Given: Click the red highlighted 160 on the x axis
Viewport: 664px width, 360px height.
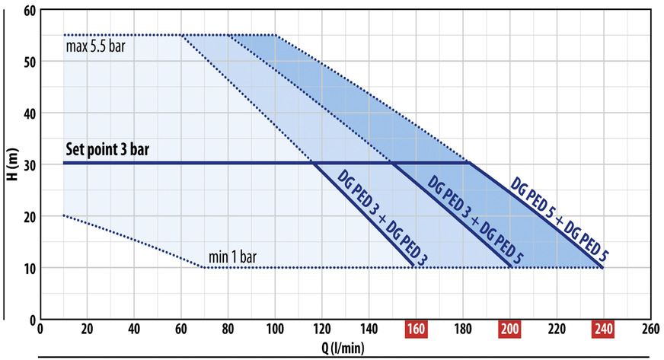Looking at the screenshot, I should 416,330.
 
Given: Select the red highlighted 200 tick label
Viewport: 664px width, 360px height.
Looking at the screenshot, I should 509,330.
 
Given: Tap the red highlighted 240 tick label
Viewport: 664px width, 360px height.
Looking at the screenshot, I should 603,330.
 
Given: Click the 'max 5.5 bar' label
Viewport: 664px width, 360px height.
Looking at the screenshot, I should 95,46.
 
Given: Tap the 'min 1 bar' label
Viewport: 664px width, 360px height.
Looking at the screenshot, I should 234,256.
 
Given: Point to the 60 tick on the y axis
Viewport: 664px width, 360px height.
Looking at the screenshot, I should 30,11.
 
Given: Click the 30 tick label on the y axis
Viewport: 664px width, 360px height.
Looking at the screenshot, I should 30,164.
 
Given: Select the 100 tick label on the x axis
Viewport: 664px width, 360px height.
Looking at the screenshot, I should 275,330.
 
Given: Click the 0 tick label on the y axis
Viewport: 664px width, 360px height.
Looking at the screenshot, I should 33,318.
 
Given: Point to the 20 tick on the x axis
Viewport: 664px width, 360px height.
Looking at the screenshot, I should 86,330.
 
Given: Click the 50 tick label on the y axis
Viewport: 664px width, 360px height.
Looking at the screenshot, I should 30,62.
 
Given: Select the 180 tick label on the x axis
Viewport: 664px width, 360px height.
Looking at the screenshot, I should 462,330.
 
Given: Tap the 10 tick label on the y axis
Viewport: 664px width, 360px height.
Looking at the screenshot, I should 30,267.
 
